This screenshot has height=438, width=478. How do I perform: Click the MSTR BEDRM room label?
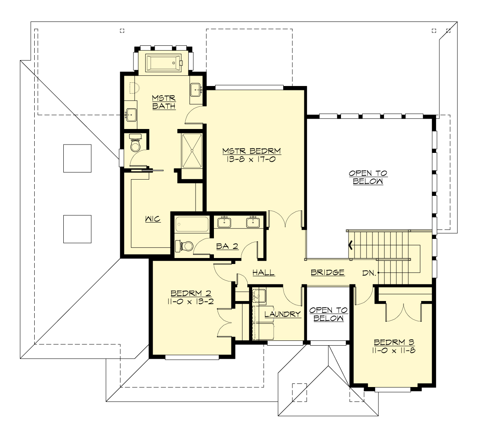pyautogui.click(x=251, y=151)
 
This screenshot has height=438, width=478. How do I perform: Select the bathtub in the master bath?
pyautogui.click(x=164, y=63)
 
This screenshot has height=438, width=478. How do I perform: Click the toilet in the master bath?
pyautogui.click(x=135, y=144)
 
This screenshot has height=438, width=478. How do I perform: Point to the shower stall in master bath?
pyautogui.click(x=192, y=151)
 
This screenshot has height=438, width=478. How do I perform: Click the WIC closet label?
pyautogui.click(x=153, y=219)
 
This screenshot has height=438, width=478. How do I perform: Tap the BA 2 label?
pyautogui.click(x=227, y=246)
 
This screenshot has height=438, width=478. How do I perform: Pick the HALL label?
pyautogui.click(x=263, y=273)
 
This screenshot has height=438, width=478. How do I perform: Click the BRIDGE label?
pyautogui.click(x=327, y=273)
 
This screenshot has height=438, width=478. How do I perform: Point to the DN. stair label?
pyautogui.click(x=368, y=273)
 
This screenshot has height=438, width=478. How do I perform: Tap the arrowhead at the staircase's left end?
pyautogui.click(x=351, y=245)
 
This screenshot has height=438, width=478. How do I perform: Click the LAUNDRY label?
pyautogui.click(x=282, y=314)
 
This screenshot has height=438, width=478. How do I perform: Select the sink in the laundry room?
pyautogui.click(x=259, y=295)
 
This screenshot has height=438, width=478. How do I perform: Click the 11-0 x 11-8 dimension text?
pyautogui.click(x=394, y=351)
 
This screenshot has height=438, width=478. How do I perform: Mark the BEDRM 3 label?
pyautogui.click(x=394, y=342)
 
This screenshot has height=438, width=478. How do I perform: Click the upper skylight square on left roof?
pyautogui.click(x=77, y=158)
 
